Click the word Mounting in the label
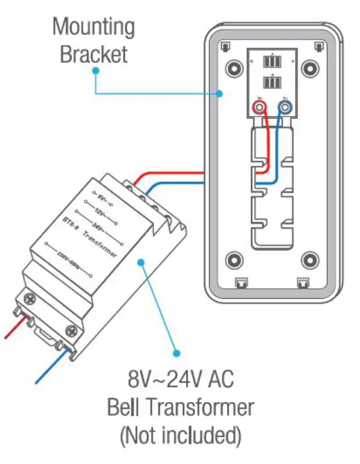[94, 28]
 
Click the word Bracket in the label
[94, 54]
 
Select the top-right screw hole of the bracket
[309, 68]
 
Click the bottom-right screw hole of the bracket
[309, 259]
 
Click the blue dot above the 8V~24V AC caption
[177, 352]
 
